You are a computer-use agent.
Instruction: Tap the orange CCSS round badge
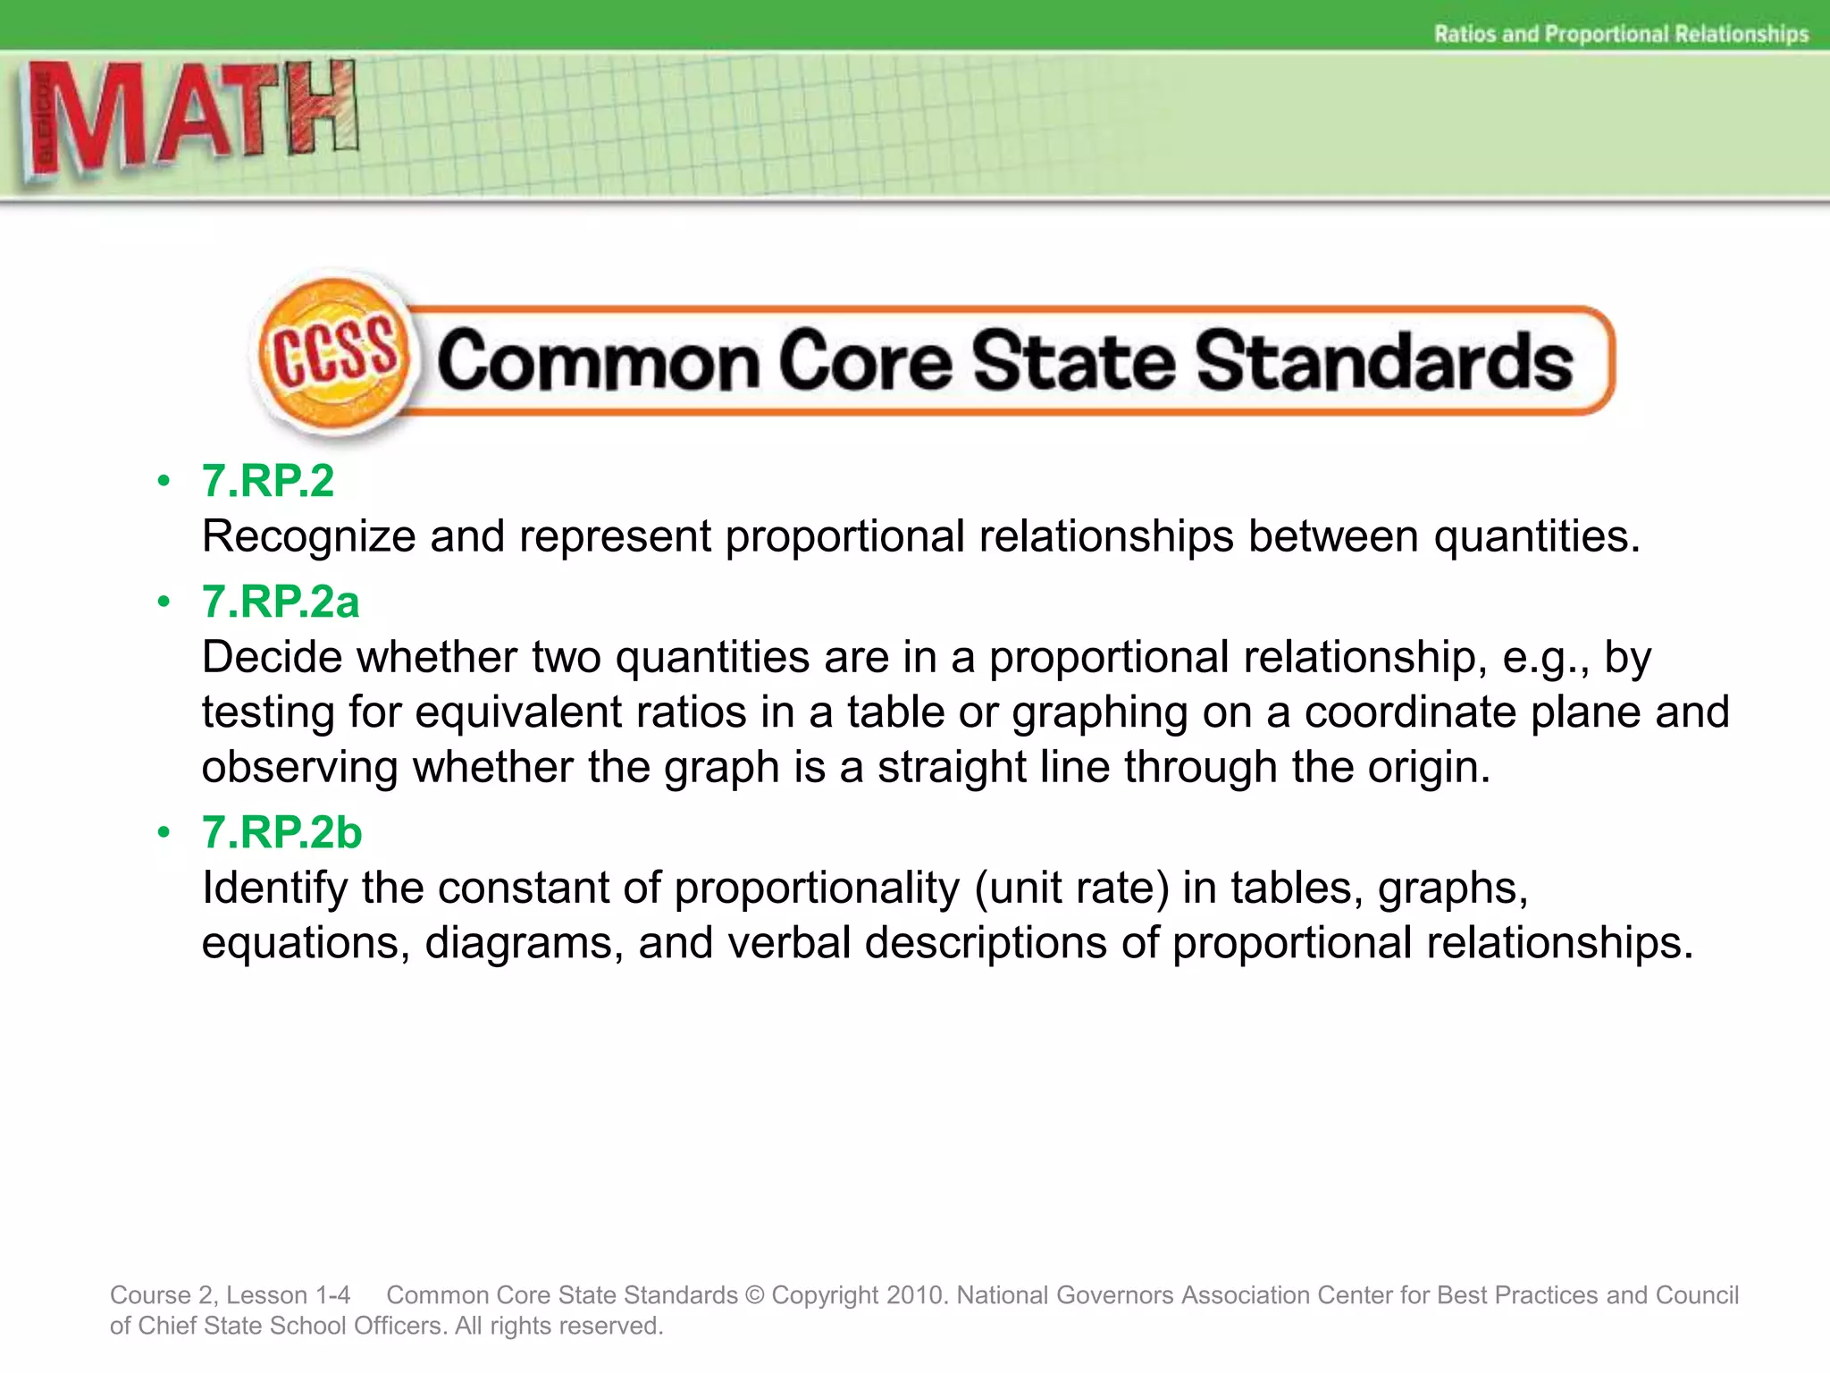click(x=334, y=356)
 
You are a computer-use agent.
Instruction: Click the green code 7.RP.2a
click(x=281, y=602)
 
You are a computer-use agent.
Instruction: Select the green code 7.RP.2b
click(x=281, y=832)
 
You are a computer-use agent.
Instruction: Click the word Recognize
click(x=308, y=537)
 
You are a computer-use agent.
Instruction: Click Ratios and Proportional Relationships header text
click(x=1621, y=34)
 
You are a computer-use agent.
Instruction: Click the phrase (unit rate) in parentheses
click(x=1071, y=889)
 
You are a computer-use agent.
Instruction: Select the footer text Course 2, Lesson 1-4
click(x=230, y=1295)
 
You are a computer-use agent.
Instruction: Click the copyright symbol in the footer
click(x=755, y=1295)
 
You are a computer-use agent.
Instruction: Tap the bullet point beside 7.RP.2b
click(x=164, y=832)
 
